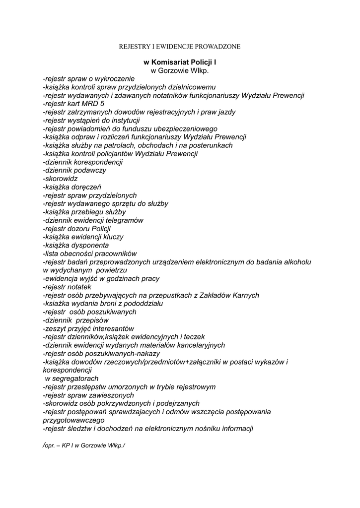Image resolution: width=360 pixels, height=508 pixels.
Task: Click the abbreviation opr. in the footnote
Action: [49, 445]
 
